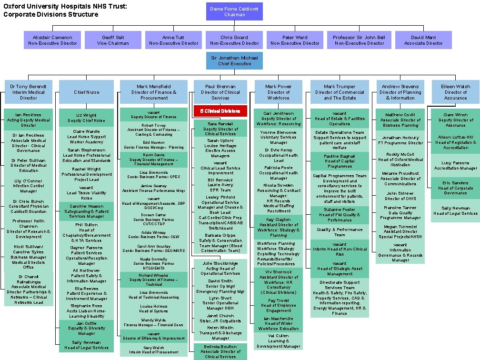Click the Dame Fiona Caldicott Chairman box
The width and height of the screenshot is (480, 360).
point(234,11)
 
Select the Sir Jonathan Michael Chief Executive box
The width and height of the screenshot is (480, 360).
point(234,60)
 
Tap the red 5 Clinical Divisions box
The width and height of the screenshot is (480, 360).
point(220,111)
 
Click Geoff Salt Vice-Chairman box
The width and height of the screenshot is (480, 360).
point(113,40)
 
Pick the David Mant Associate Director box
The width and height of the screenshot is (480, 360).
point(423,40)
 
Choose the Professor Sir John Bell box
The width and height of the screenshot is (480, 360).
point(359,40)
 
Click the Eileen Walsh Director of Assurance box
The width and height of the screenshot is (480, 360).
point(455,92)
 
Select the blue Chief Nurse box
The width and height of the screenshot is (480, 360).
point(86,92)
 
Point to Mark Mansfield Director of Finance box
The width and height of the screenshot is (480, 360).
point(153,92)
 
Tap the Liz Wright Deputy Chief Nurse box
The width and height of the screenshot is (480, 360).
point(86,118)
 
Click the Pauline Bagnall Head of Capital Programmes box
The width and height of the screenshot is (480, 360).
point(340,161)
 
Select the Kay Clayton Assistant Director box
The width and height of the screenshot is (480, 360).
point(278,227)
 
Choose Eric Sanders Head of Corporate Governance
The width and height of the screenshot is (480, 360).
point(455,188)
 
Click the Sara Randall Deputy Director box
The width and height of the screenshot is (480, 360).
point(220,128)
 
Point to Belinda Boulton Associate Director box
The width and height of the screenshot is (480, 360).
point(220,351)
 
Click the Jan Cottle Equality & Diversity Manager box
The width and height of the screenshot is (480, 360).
point(86,329)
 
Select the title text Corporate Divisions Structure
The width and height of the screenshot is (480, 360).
point(51,14)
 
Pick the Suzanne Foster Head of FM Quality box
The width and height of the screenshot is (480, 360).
point(340,214)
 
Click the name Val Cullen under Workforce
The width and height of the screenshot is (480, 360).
point(278,336)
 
